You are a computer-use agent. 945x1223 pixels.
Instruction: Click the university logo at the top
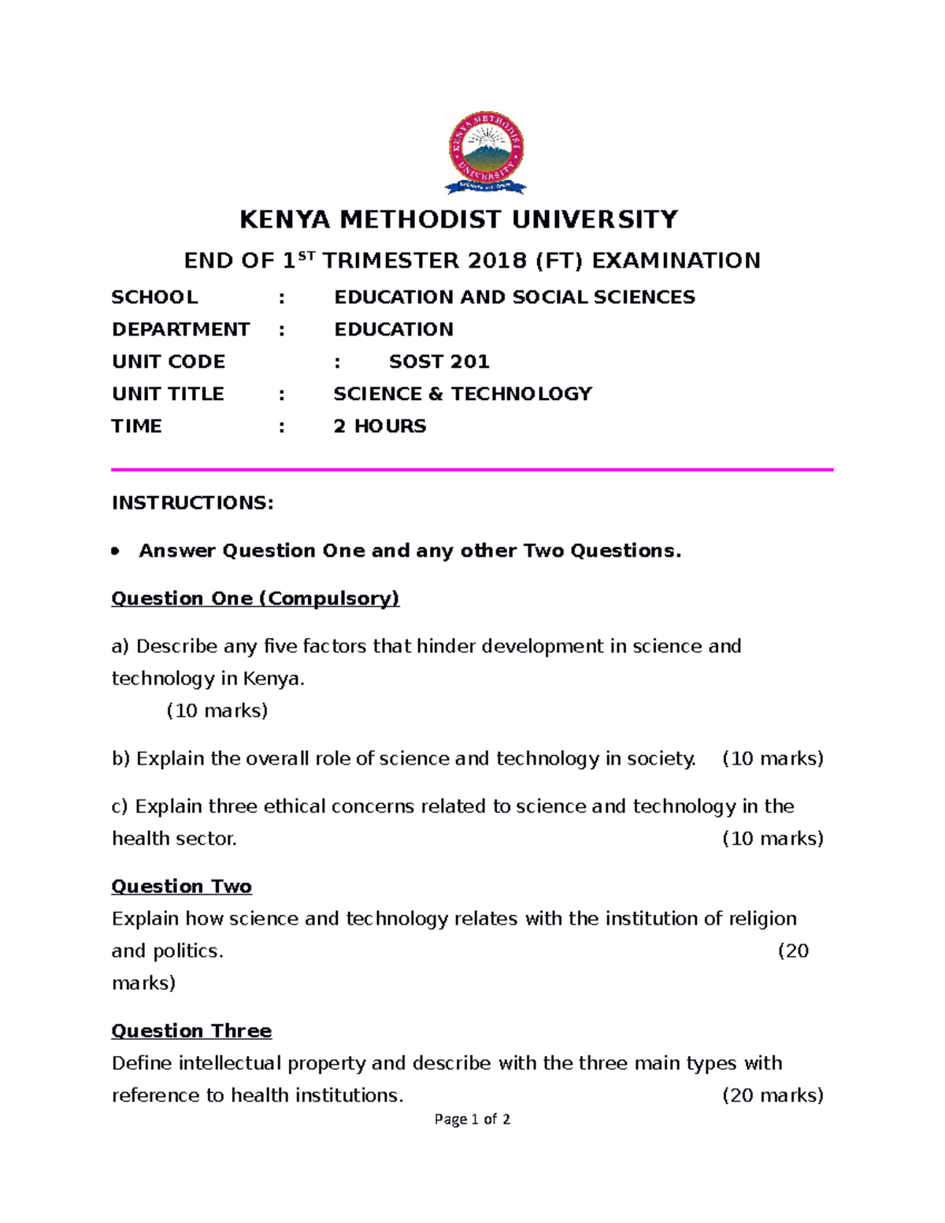click(485, 152)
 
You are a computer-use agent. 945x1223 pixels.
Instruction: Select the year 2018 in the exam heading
click(495, 261)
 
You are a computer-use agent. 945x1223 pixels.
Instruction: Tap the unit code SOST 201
click(439, 361)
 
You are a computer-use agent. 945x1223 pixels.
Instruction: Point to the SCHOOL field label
click(154, 297)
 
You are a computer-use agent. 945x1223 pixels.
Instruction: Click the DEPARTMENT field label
click(180, 329)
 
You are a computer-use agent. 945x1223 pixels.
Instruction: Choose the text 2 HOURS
click(380, 426)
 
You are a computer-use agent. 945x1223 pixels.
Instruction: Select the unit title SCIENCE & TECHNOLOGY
click(462, 394)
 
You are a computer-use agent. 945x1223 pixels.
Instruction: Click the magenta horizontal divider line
click(472, 469)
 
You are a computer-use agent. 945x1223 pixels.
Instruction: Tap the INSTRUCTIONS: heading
click(192, 503)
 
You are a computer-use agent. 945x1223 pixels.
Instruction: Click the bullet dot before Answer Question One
click(116, 551)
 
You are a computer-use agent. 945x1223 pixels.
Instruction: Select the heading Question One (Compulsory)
click(255, 599)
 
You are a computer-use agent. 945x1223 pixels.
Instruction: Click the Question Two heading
click(181, 887)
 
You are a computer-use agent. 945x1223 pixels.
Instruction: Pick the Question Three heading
click(191, 1031)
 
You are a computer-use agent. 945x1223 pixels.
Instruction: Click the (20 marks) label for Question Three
click(773, 1095)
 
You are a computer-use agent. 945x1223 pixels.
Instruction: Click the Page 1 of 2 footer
click(472, 1119)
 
